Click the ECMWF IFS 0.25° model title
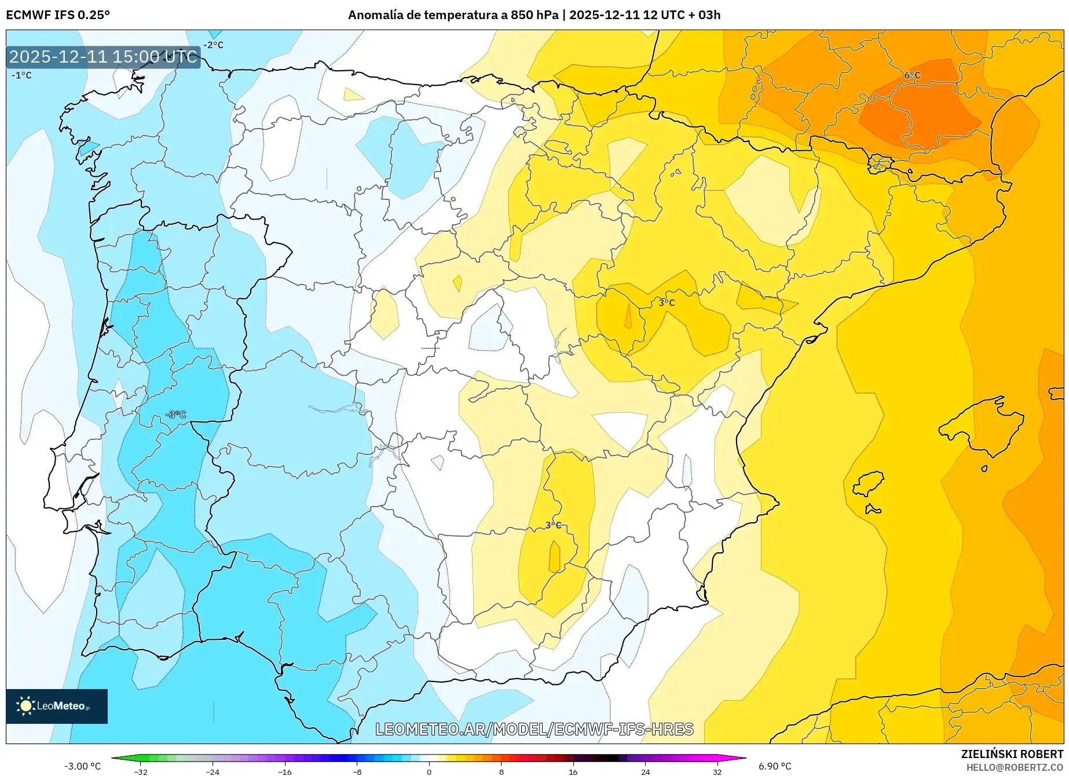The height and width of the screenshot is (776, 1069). pyautogui.click(x=58, y=15)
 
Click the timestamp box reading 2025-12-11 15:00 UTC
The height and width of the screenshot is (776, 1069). pyautogui.click(x=103, y=57)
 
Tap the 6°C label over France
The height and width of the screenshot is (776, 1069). pyautogui.click(x=912, y=75)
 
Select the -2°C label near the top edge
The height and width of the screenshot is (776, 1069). pyautogui.click(x=213, y=45)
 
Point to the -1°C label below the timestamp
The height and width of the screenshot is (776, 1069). pyautogui.click(x=22, y=75)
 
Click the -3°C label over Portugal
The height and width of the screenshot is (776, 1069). pyautogui.click(x=176, y=414)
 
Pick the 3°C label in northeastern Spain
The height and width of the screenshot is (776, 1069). pyautogui.click(x=667, y=303)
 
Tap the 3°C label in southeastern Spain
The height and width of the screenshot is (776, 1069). pyautogui.click(x=553, y=525)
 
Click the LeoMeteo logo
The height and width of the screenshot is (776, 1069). pyautogui.click(x=57, y=706)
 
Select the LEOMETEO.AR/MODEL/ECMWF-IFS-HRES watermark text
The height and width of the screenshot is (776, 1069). pyautogui.click(x=534, y=729)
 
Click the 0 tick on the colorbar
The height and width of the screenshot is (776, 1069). pyautogui.click(x=429, y=771)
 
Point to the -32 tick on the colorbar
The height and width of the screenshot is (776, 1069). pyautogui.click(x=141, y=771)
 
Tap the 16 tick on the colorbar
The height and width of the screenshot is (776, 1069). pyautogui.click(x=573, y=771)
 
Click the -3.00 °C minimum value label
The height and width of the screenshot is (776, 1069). pyautogui.click(x=82, y=766)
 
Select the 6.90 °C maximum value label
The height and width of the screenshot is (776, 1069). pyautogui.click(x=775, y=766)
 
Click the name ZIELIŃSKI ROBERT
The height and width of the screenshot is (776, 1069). pyautogui.click(x=1012, y=754)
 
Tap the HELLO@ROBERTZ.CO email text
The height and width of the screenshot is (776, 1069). pyautogui.click(x=1015, y=767)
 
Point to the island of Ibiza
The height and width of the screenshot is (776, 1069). pyautogui.click(x=869, y=484)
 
